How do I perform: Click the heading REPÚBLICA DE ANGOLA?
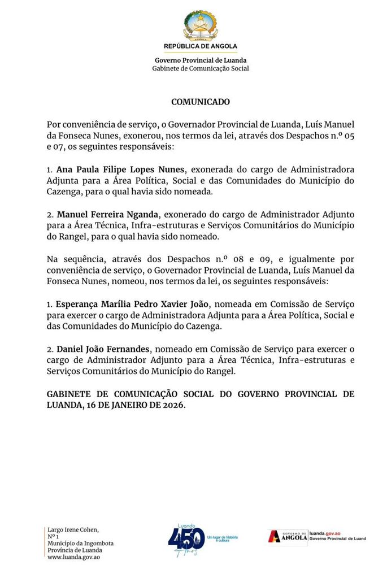click(201, 46)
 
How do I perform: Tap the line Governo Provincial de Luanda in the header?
click(201, 60)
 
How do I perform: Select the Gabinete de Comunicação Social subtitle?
click(201, 68)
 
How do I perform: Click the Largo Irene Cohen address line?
click(73, 529)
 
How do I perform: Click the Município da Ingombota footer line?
click(80, 544)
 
